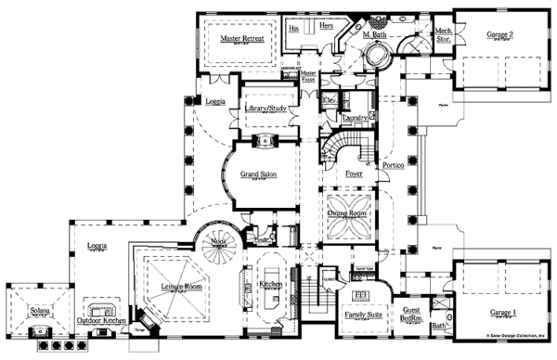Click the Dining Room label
(351, 212)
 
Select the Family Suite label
(358, 315)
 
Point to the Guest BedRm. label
(411, 314)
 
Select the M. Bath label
(374, 36)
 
